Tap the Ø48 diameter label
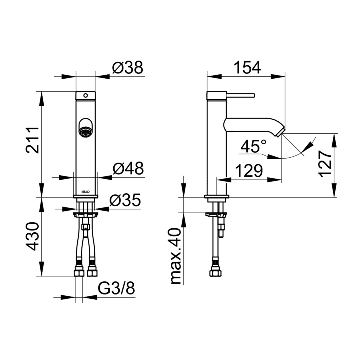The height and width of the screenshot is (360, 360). click(x=128, y=169)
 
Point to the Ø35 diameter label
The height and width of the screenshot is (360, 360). click(x=125, y=200)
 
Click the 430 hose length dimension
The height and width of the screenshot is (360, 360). click(x=33, y=236)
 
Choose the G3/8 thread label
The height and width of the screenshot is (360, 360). click(x=116, y=288)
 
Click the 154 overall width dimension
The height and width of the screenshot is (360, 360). click(x=247, y=67)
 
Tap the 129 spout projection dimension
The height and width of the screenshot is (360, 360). click(x=249, y=171)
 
